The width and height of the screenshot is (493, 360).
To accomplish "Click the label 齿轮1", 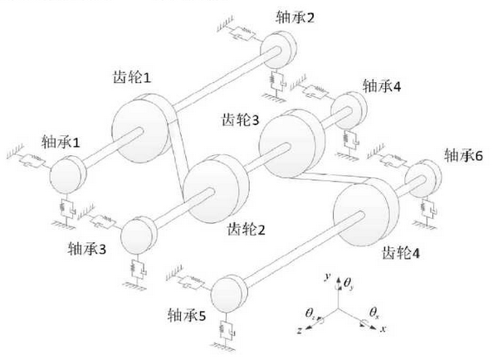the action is [x=132, y=76].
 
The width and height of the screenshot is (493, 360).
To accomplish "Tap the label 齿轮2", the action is [x=247, y=229].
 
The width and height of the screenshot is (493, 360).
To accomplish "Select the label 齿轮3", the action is [x=241, y=119].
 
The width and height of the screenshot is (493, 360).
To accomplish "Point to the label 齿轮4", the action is [x=401, y=252].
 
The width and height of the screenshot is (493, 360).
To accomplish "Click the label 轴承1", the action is [x=61, y=143].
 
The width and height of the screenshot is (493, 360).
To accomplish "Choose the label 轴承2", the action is [x=295, y=17].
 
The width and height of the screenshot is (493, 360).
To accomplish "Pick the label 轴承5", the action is [x=187, y=315].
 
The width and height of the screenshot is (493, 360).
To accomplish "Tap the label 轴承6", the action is [x=463, y=155].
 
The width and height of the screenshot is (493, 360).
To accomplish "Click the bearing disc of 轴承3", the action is [x=139, y=235].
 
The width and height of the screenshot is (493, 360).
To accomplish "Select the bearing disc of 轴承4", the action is [x=349, y=110].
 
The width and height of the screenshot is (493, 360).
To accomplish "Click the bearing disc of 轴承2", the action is [x=278, y=49].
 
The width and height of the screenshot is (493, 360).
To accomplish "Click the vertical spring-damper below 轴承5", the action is [x=227, y=329].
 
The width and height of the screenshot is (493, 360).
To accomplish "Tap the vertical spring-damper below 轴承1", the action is [x=66, y=208].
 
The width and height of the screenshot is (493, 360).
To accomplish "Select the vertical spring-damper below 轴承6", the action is [x=428, y=208].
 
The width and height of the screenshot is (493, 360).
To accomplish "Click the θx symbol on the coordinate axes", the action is [x=374, y=313].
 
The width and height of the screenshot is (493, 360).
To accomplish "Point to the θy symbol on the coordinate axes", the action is [x=349, y=284].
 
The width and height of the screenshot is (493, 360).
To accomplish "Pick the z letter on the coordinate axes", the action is [x=300, y=330].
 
